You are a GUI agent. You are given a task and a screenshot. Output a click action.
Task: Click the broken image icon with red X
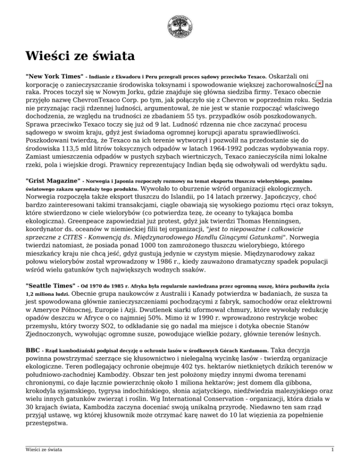point(320,83)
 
